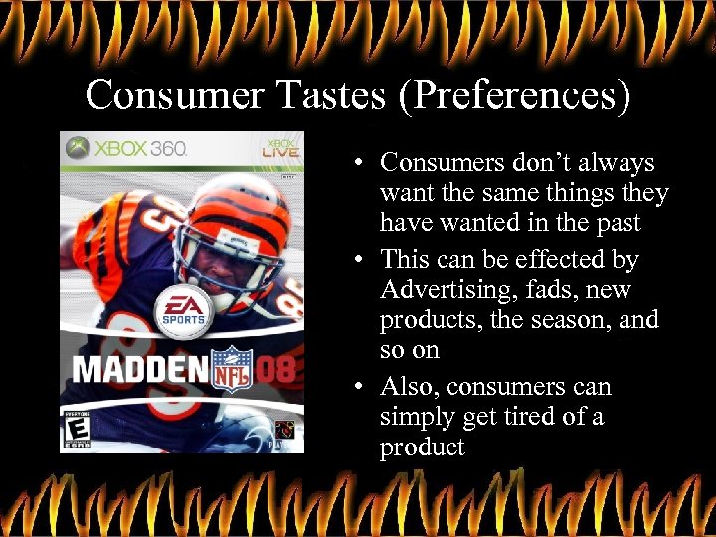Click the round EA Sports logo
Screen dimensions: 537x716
[184, 308]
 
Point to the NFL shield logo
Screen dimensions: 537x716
[234, 368]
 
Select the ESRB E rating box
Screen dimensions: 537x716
[76, 430]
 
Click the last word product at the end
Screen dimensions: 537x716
[422, 447]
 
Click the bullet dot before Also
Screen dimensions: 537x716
[357, 387]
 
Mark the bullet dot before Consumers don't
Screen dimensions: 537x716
[357, 162]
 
